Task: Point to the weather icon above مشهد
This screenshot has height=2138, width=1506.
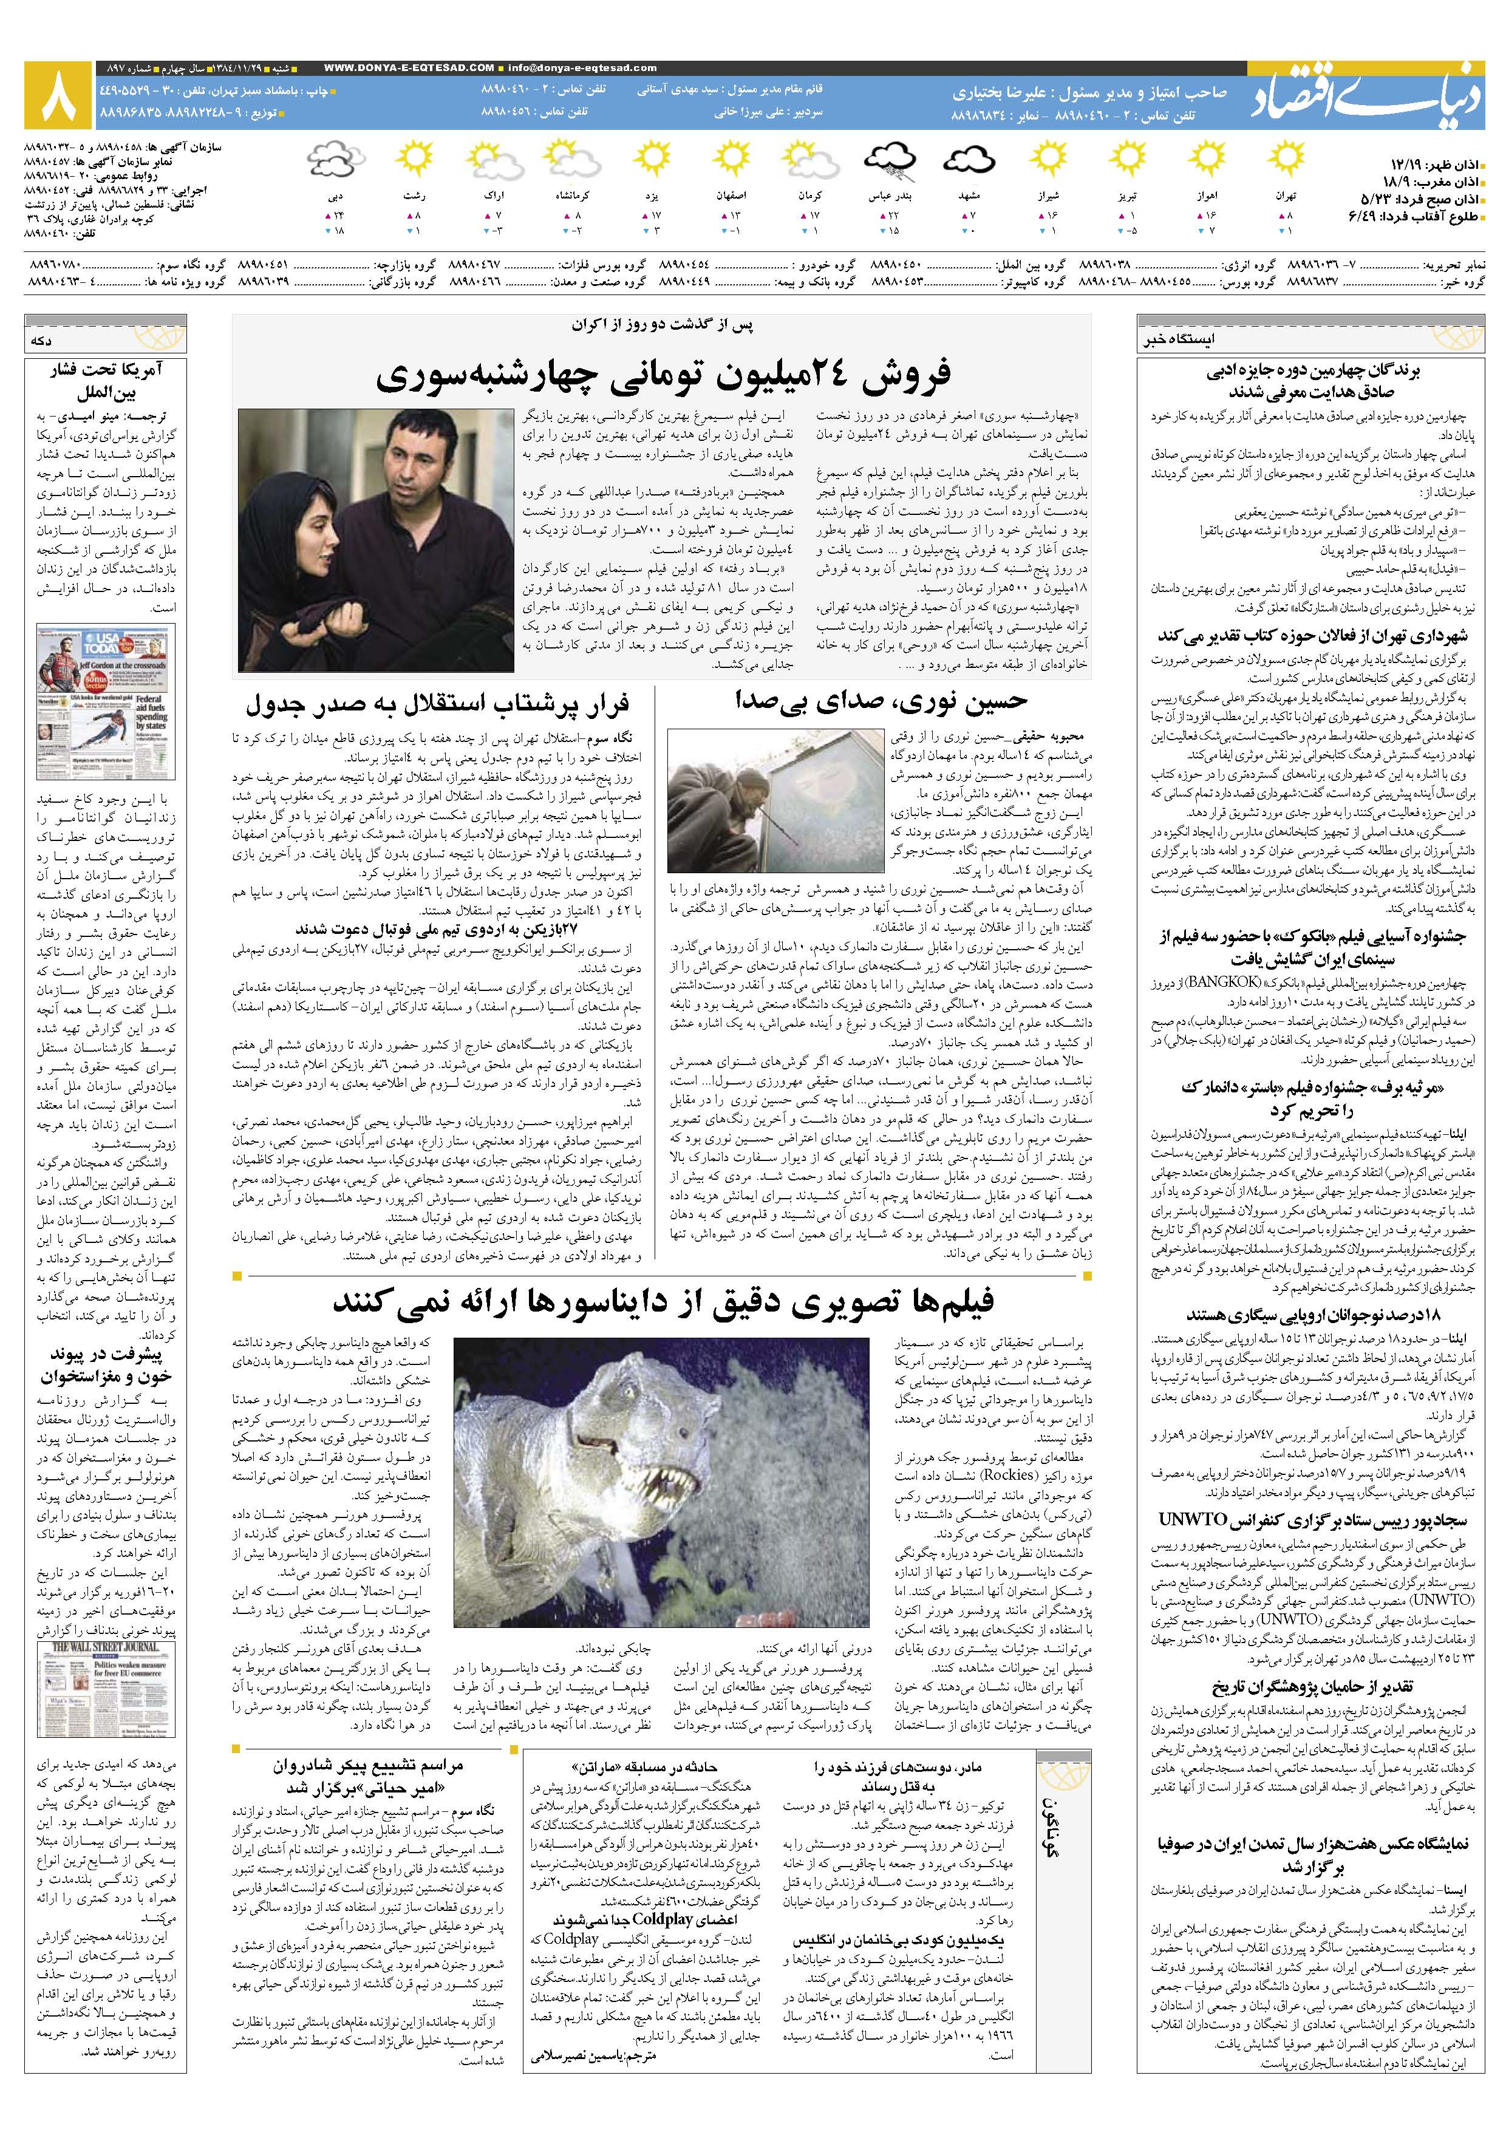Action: tap(970, 159)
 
